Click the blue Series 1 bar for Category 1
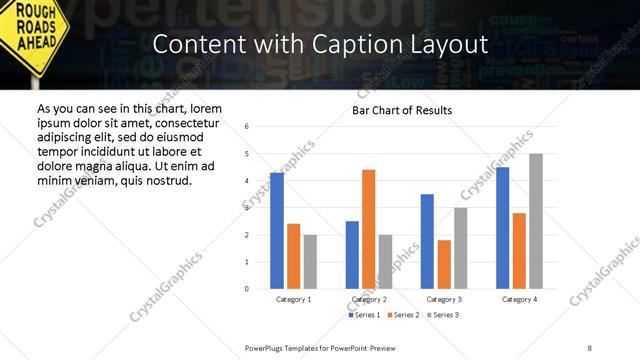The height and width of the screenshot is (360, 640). pos(277,231)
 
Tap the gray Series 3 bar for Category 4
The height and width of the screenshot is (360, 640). pos(536,221)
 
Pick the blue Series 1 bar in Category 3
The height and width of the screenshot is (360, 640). pos(428,241)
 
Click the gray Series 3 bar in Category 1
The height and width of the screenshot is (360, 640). pos(311,262)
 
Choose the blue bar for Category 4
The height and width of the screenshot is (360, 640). pos(503,228)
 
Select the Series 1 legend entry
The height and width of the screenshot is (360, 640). pos(364,315)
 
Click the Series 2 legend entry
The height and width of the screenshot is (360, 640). pos(403,315)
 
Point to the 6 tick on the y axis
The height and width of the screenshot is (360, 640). pos(247,126)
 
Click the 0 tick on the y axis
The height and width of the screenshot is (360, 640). pos(247,289)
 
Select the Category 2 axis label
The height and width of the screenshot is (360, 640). pos(369,299)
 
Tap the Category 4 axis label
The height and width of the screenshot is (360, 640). pos(520,299)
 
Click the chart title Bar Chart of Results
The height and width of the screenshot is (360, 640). pos(402,110)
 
